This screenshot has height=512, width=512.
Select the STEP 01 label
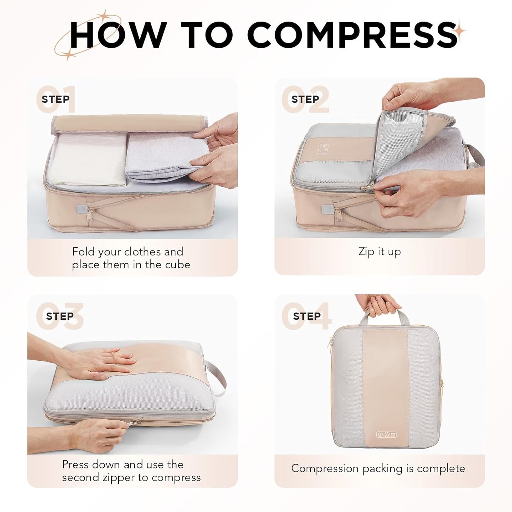[x=56, y=99]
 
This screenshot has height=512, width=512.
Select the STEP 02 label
[x=305, y=99]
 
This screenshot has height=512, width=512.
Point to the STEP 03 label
[x=60, y=316]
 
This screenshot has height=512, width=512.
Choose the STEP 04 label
[x=307, y=316]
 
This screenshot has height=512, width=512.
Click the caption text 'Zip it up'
[x=379, y=252]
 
